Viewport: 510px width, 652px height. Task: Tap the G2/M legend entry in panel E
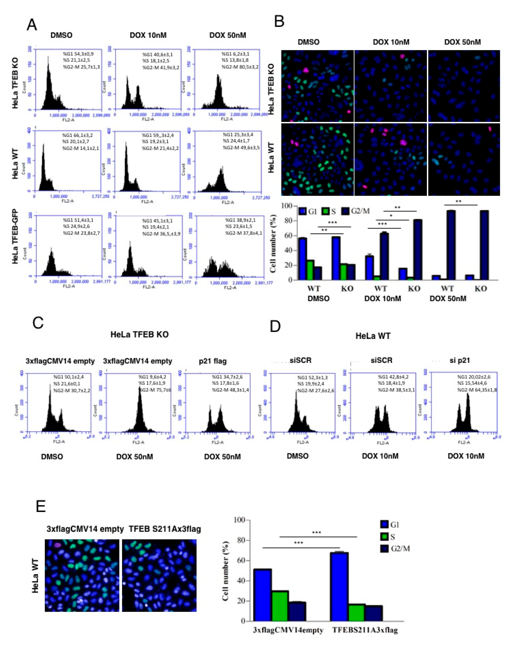pyautogui.click(x=394, y=548)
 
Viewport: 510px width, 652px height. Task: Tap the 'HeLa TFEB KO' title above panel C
pyautogui.click(x=139, y=335)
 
